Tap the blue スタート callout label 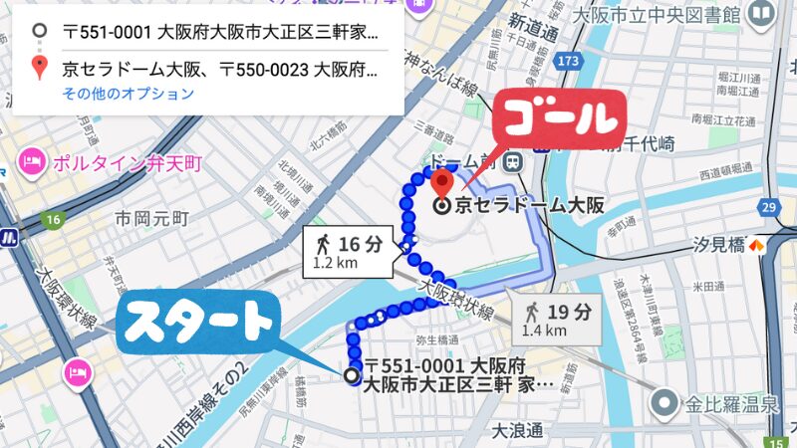(200, 323)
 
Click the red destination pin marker (443, 182)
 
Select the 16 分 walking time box (349, 253)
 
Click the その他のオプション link (128, 95)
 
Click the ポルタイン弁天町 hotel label (129, 161)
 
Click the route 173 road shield (569, 63)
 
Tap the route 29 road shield (767, 206)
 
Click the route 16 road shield (53, 219)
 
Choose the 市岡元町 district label (151, 217)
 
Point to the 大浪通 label (517, 430)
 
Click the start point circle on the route (351, 375)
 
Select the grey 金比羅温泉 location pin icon (665, 403)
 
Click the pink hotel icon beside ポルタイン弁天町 (32, 161)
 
